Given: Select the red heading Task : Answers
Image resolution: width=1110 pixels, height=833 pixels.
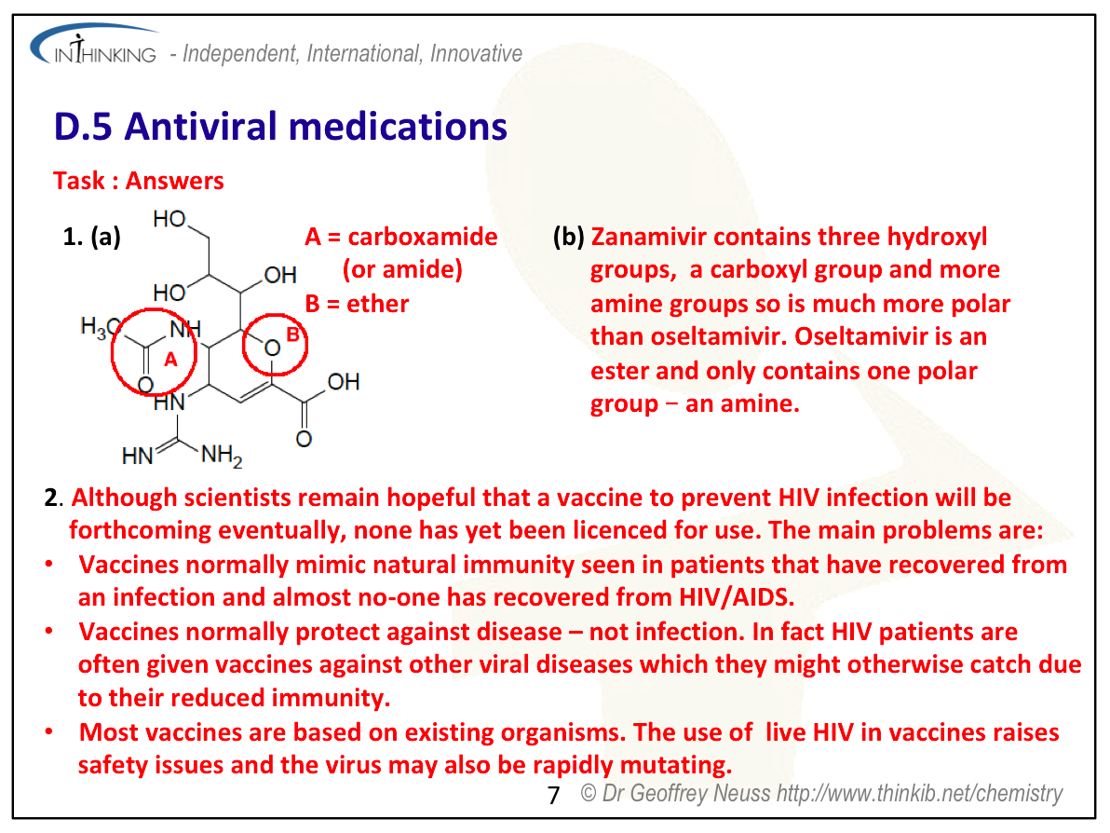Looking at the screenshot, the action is [x=138, y=181].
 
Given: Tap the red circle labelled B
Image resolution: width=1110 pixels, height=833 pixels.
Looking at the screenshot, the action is [x=244, y=345].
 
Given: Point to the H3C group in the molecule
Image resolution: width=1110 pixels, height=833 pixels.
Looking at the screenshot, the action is [x=100, y=327].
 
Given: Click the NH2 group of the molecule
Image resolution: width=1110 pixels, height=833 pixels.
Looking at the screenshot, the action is [x=222, y=456].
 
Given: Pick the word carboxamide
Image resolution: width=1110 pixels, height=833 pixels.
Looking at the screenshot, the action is [x=423, y=237].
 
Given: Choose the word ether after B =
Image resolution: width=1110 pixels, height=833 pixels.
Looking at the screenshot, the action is [x=377, y=304].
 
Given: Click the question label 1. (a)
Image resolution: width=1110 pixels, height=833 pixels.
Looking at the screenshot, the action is [x=92, y=237].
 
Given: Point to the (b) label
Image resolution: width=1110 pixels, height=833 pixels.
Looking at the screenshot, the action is [x=568, y=237].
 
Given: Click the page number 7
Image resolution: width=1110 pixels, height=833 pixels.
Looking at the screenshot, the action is [x=553, y=796].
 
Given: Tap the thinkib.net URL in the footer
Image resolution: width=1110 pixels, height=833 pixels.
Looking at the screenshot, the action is [x=920, y=793].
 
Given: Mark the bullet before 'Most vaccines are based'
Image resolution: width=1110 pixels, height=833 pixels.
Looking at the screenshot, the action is [x=48, y=731].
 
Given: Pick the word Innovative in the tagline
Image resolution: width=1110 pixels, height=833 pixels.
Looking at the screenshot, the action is [x=477, y=54].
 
